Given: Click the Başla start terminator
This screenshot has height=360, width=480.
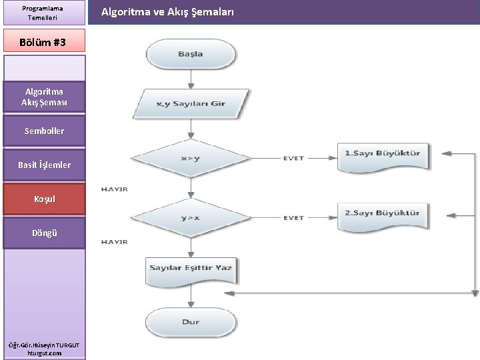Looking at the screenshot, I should (x=191, y=53).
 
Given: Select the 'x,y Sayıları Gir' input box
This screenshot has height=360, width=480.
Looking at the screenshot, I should (x=191, y=103).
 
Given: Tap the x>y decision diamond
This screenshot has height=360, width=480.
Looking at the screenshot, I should (x=191, y=159).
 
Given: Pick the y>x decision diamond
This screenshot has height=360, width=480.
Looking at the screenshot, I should (x=191, y=217).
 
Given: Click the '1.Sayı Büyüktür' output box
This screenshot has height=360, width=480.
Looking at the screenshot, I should (x=383, y=153).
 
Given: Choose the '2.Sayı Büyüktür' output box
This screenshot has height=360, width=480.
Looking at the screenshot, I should (x=383, y=213).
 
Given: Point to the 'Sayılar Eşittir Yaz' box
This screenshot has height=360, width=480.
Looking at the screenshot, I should (x=191, y=268).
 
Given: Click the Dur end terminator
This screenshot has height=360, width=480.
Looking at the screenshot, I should (x=191, y=322).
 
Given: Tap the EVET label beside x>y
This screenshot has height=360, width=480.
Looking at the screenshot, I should (x=293, y=159).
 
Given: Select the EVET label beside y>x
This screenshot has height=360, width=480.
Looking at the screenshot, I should (x=293, y=218).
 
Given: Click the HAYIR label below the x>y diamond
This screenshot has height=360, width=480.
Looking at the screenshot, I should (x=114, y=189).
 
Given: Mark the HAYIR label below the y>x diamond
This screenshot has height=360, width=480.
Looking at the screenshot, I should (x=114, y=242).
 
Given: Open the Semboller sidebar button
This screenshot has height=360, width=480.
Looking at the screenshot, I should (x=45, y=131).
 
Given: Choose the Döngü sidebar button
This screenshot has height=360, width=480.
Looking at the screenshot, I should (x=45, y=233).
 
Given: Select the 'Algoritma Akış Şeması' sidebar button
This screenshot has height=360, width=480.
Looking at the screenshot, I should (x=45, y=97).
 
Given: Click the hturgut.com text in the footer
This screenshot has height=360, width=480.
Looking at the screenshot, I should (x=45, y=353).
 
